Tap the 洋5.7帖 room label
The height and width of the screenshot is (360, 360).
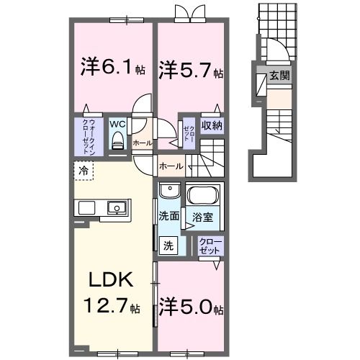point(191,71)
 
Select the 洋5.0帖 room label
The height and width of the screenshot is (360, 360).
point(191,307)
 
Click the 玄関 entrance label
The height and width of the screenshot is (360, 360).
point(279,74)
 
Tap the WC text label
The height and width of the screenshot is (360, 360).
point(118,123)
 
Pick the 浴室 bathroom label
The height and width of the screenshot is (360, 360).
point(200,215)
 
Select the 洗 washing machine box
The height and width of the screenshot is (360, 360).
point(168,243)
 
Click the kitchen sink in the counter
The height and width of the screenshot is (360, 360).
point(117,208)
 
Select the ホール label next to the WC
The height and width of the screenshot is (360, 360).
point(142,143)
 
